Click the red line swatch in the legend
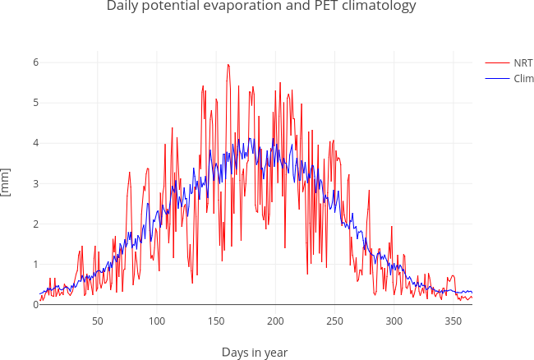(497, 62)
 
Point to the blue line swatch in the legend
(497, 78)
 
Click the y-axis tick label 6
(35, 62)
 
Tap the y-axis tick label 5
(35, 103)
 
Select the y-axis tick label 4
(35, 143)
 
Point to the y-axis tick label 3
(35, 183)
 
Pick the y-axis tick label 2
(35, 224)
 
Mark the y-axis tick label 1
(35, 264)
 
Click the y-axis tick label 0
(35, 304)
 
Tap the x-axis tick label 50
(97, 321)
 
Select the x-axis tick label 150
(216, 321)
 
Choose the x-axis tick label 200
(275, 321)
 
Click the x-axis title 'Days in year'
(255, 353)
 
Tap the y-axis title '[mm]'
(7, 182)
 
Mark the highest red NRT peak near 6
(228, 64)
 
